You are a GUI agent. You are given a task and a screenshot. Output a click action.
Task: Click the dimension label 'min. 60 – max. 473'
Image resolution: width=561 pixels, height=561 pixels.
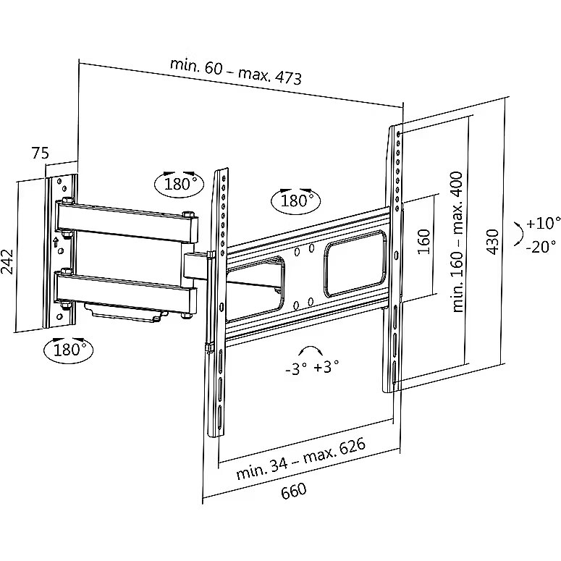click(x=236, y=69)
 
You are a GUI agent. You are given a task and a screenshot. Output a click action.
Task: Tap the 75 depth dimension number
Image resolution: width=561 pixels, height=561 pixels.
click(x=41, y=153)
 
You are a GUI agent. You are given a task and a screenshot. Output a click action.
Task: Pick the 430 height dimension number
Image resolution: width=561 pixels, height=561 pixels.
click(x=493, y=241)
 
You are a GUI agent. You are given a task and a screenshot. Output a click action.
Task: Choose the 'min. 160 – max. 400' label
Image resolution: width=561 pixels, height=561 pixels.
click(x=457, y=241)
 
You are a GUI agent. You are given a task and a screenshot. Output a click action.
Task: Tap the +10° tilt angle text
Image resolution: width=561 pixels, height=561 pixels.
click(x=544, y=222)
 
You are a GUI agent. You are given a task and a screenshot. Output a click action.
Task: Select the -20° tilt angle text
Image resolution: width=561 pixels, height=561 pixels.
click(x=541, y=246)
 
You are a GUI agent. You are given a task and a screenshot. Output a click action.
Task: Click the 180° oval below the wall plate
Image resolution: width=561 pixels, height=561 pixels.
click(x=69, y=350)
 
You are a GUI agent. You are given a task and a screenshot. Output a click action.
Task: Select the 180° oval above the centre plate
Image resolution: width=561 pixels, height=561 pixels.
click(x=294, y=200)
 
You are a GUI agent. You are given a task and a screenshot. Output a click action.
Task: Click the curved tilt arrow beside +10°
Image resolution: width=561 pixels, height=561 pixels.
click(x=518, y=234)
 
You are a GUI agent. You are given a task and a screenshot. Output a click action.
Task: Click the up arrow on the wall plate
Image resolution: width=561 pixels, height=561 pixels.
click(x=55, y=240)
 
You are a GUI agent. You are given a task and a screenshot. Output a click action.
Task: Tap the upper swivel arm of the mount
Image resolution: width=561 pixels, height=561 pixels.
click(x=127, y=220)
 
